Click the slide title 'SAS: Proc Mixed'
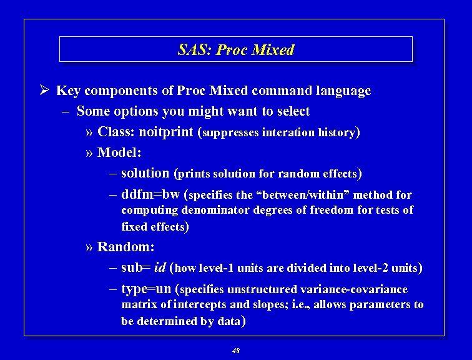(235, 50)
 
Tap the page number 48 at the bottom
(235, 351)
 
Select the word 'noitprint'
(165, 132)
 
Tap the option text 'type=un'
(147, 289)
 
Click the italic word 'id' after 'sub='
(159, 268)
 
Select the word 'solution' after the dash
(145, 173)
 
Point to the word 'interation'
(288, 132)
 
